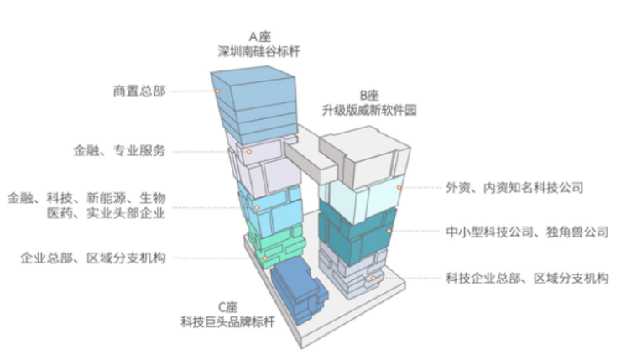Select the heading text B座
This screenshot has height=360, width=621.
[369, 96]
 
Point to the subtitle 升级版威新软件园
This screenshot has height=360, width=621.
[369, 110]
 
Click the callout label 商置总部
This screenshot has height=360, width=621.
[138, 90]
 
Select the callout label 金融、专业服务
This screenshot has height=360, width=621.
[119, 151]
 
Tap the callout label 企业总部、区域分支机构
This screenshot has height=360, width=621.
[92, 258]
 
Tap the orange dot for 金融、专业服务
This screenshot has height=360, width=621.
[250, 152]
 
